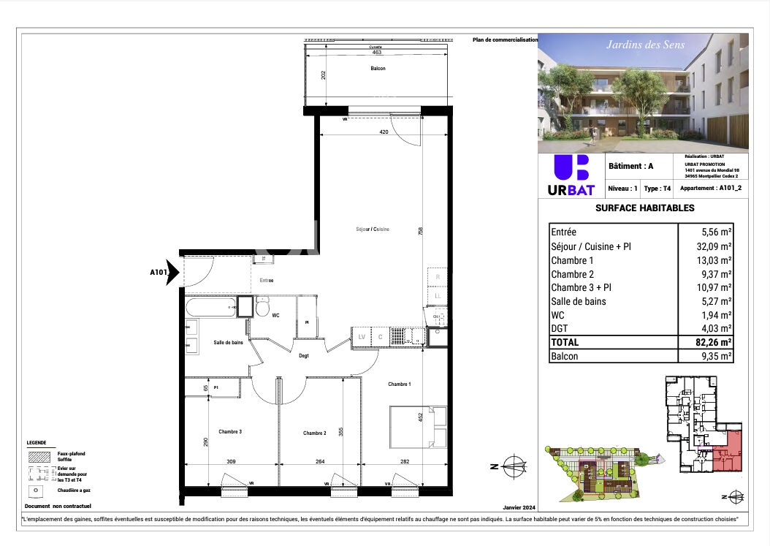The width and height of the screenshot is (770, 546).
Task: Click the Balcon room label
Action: click(377, 69)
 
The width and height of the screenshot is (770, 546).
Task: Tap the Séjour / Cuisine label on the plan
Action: click(373, 229)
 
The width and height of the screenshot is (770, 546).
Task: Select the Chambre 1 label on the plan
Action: click(399, 384)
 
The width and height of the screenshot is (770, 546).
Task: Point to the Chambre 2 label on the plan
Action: click(314, 433)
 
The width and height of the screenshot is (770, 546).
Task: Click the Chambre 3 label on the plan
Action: click(230, 432)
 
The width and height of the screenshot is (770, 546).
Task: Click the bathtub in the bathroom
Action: click(210, 306)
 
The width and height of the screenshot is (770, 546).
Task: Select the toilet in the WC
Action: click(262, 307)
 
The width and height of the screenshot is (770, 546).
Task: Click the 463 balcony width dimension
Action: click(376, 53)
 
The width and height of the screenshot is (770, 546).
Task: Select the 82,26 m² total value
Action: click(714, 342)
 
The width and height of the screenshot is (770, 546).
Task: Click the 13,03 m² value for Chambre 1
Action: click(716, 260)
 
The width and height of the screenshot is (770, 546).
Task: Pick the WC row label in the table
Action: click(557, 315)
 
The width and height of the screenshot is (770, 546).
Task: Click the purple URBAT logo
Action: click(571, 176)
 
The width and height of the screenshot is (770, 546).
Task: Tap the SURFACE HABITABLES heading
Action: click(644, 208)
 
